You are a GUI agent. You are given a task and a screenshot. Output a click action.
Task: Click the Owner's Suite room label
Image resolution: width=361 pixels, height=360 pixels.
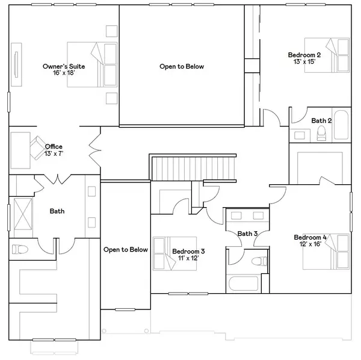tap(64, 66)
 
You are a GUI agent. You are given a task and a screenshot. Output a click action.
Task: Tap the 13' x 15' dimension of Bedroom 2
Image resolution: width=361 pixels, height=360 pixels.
tap(304, 62)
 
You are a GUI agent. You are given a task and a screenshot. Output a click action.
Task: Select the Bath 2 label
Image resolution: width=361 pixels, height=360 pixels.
tap(321, 120)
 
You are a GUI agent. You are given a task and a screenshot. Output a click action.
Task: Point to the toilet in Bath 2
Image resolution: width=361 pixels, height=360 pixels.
tap(321, 134)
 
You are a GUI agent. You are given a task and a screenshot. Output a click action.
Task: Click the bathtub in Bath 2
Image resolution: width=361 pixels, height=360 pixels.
tap(341, 125)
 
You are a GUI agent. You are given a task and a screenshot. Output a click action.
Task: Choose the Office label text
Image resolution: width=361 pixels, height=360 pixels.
tap(54, 146)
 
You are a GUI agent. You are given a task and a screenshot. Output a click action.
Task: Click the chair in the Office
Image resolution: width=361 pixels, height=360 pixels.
tap(38, 148)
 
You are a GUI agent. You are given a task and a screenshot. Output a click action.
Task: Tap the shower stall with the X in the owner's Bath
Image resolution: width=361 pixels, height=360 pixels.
tap(23, 214)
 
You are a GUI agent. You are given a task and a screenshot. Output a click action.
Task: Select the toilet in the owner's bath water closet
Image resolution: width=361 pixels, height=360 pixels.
tap(20, 249)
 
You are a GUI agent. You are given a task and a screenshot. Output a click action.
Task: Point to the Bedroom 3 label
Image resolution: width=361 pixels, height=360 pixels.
tap(188, 251)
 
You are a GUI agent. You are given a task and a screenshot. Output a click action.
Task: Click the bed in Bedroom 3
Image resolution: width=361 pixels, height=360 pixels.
tap(174, 253)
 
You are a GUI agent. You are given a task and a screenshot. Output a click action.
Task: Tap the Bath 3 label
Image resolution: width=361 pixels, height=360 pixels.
tap(247, 234)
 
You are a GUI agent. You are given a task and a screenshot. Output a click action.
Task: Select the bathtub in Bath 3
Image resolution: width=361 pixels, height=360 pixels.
tap(243, 284)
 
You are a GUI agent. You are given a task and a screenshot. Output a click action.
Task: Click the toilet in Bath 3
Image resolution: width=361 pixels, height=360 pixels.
tap(259, 261)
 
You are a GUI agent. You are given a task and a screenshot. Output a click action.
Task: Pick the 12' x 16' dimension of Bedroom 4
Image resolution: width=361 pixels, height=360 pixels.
tap(310, 244)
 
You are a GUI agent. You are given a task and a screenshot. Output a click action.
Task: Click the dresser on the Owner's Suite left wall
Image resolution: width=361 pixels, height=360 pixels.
tap(16, 65)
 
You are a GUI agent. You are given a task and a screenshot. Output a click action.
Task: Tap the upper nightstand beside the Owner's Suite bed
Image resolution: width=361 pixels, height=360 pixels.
tap(112, 31)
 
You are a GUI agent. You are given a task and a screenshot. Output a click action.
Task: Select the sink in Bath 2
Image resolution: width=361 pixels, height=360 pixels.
tap(300, 135)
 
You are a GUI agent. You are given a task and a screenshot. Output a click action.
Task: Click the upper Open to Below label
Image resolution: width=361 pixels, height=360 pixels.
tap(182, 67)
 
